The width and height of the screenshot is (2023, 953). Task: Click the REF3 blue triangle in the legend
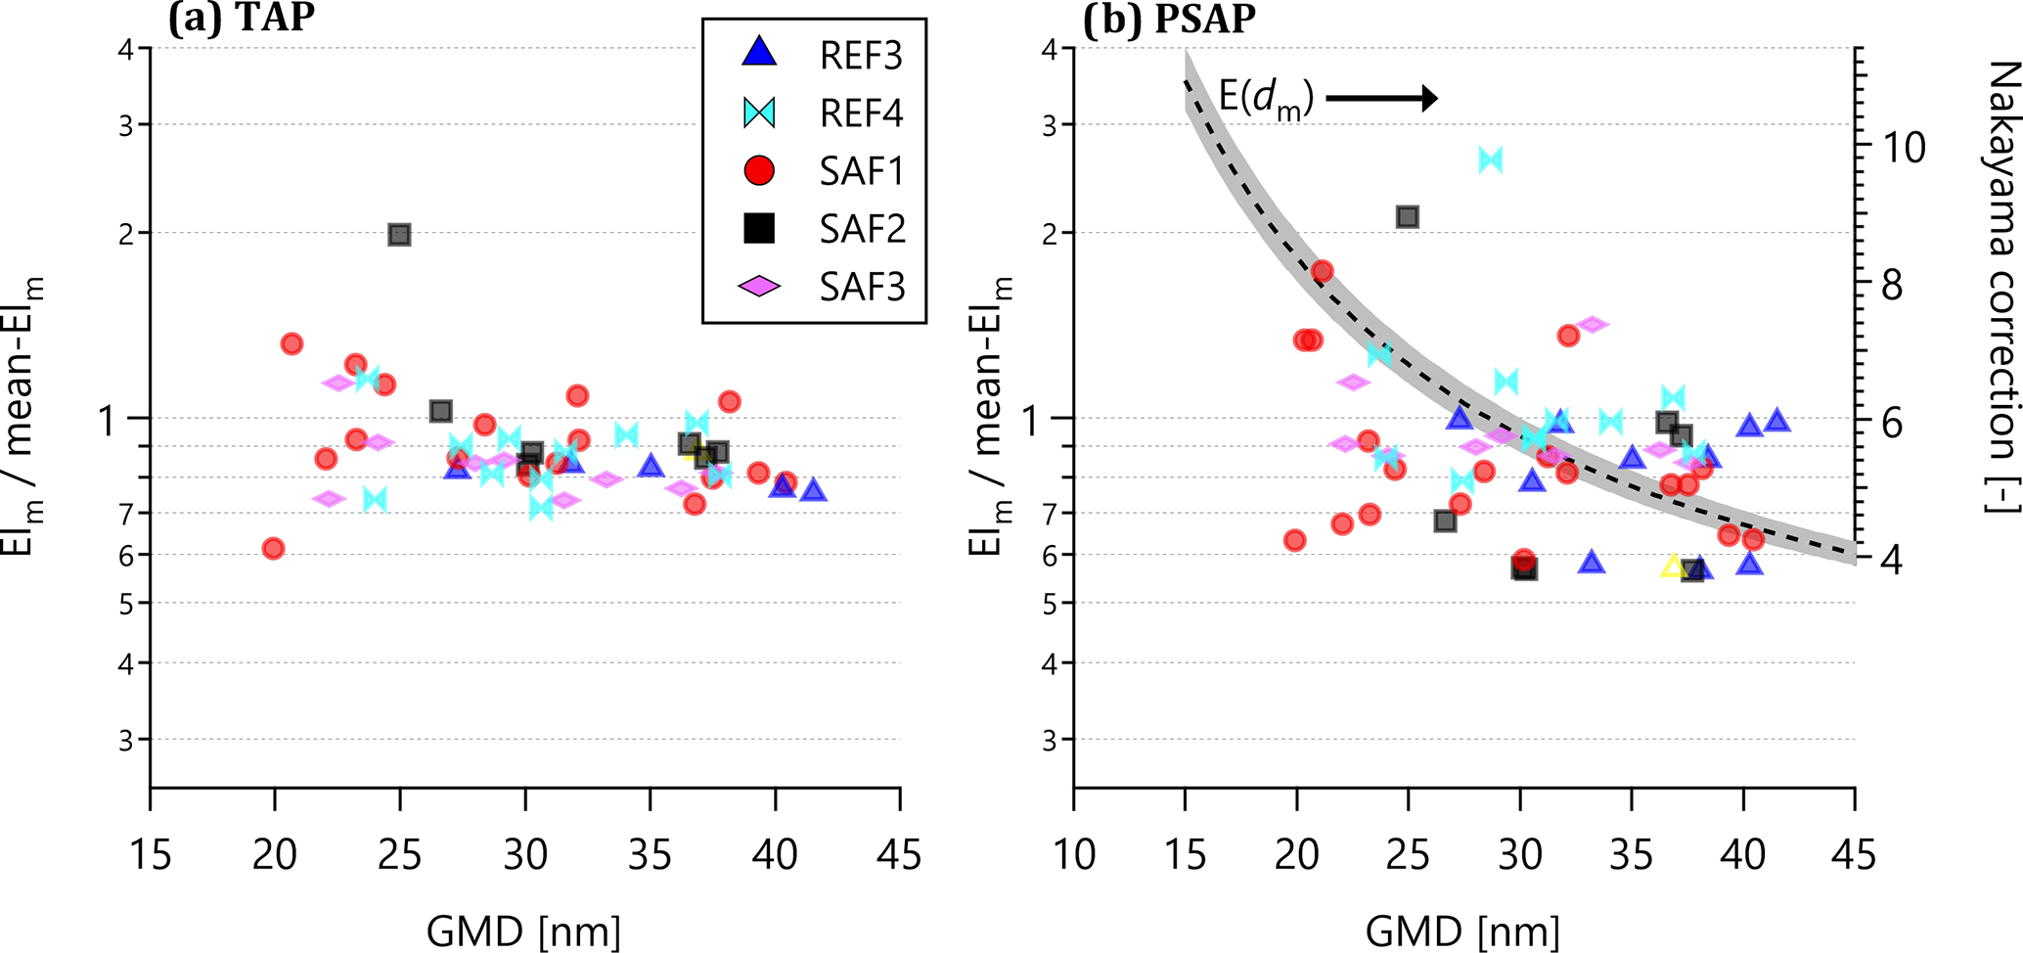pos(759,53)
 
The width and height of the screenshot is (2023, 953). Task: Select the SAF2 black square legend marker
pos(759,228)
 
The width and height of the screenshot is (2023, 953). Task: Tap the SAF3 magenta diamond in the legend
pos(759,286)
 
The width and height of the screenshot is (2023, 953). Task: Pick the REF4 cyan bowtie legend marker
pos(759,113)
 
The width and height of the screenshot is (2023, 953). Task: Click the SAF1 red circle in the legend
pos(759,171)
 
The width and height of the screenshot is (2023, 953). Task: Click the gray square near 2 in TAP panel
pos(399,235)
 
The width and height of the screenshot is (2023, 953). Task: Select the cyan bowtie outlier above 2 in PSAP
pos(1490,159)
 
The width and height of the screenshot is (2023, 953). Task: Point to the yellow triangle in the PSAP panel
pos(1673,567)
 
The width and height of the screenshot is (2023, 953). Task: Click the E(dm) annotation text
pos(1266,98)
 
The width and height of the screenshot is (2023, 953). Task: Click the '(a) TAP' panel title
pos(241,20)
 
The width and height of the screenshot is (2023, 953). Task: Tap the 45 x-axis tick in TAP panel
pos(899,854)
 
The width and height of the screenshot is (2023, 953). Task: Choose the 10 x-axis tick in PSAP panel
pos(1074,854)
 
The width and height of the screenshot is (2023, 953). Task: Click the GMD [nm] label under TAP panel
pos(523,930)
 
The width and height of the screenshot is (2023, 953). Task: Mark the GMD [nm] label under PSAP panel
pos(1462,930)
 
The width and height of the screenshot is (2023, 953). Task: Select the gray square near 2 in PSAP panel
pos(1408,217)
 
